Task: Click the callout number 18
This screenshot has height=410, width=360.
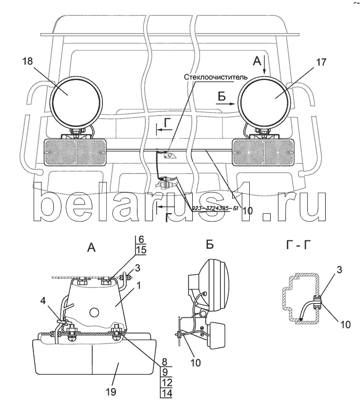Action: coord(28,61)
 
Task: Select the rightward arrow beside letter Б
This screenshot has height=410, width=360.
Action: coord(225,102)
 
